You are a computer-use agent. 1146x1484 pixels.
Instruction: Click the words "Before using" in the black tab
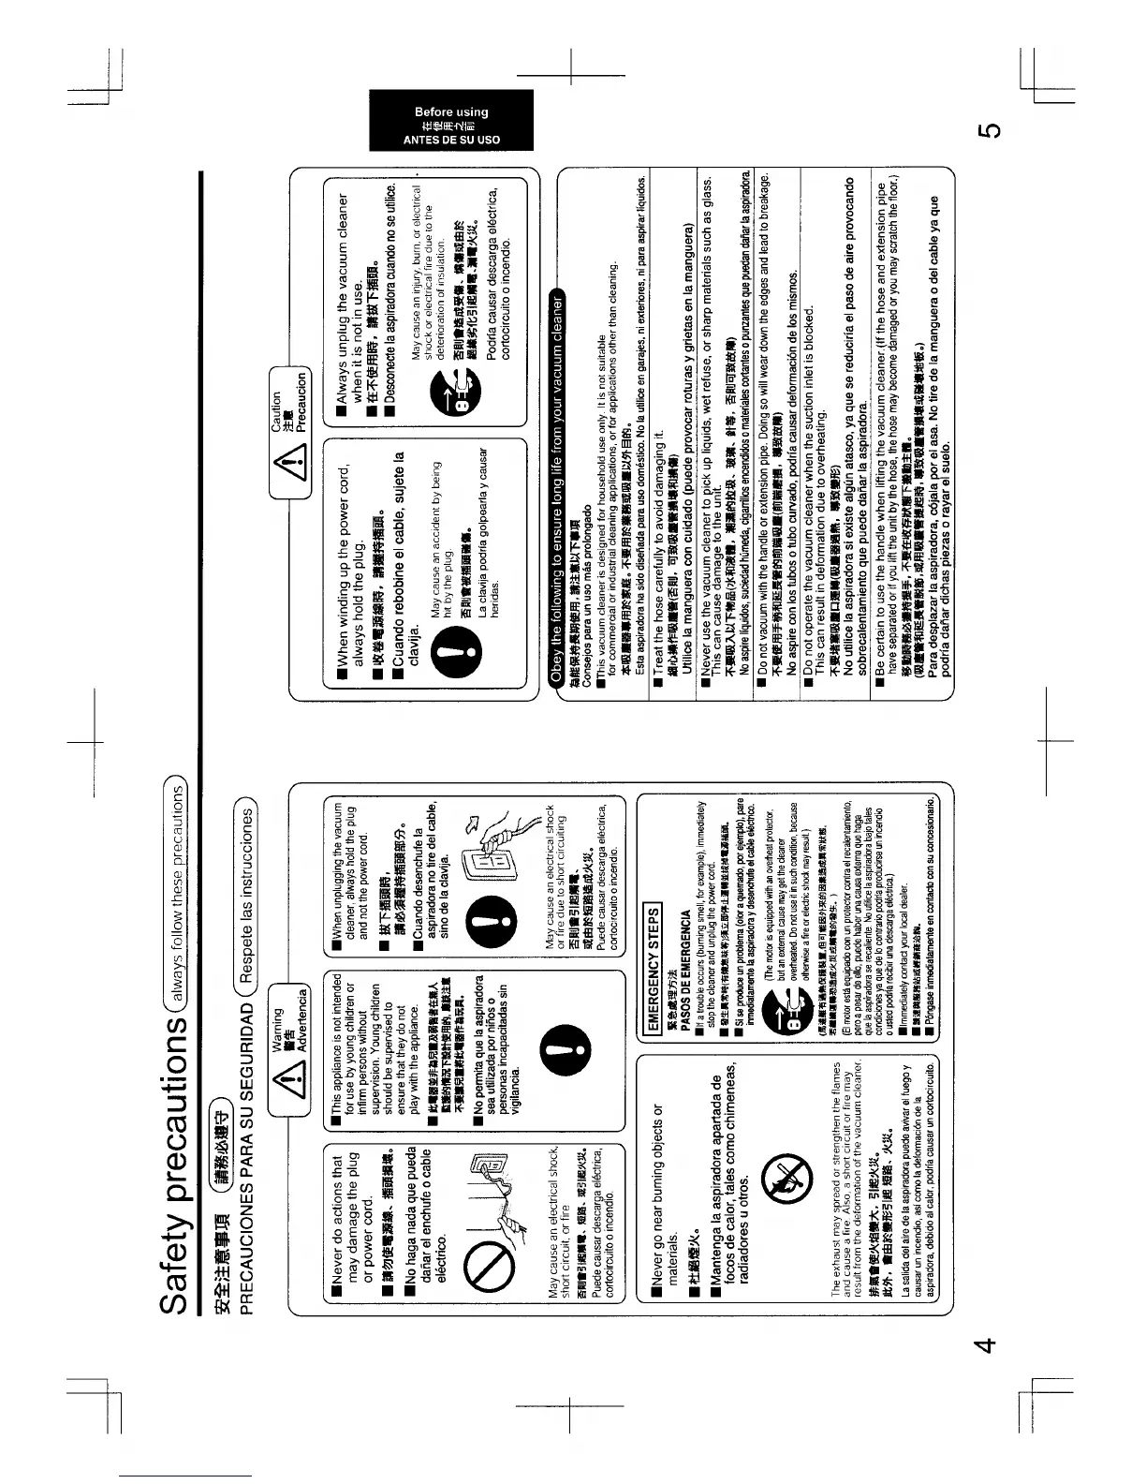point(450,111)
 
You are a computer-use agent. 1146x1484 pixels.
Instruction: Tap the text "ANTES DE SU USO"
point(450,140)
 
